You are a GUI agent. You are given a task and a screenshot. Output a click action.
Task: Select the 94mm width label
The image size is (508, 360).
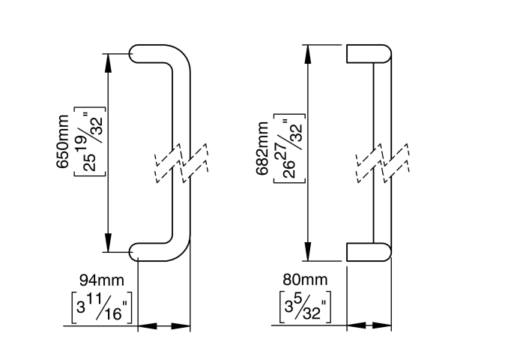[101, 280]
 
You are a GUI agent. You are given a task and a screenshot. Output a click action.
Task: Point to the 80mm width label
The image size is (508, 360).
[305, 280]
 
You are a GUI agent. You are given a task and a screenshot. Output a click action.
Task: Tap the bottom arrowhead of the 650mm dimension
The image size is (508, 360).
[109, 242]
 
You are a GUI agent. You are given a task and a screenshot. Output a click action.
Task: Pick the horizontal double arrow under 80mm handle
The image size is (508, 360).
[369, 326]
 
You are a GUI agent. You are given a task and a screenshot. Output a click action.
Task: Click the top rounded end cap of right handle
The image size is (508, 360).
[369, 55]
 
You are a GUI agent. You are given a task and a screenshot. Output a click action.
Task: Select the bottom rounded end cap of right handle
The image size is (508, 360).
[369, 252]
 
